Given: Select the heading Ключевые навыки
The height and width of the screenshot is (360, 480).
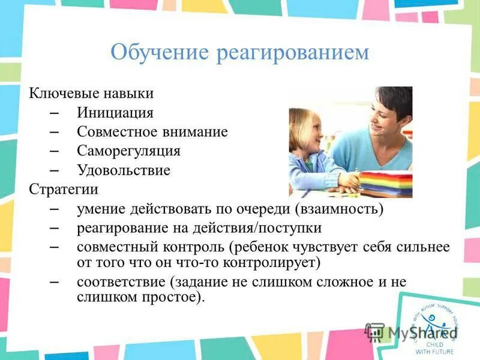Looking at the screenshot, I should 91,94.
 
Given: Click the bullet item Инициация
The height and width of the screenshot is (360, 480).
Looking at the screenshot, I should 115,113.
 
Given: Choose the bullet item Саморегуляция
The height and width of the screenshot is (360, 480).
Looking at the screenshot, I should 128,151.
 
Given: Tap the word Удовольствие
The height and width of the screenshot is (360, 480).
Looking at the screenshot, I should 123,170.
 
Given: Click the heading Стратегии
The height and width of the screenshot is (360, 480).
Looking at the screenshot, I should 64,190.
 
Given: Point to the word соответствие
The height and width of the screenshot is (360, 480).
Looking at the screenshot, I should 122,281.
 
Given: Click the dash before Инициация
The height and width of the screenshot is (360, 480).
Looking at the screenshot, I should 52,113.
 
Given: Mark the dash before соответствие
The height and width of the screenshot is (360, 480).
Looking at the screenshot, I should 52,281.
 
